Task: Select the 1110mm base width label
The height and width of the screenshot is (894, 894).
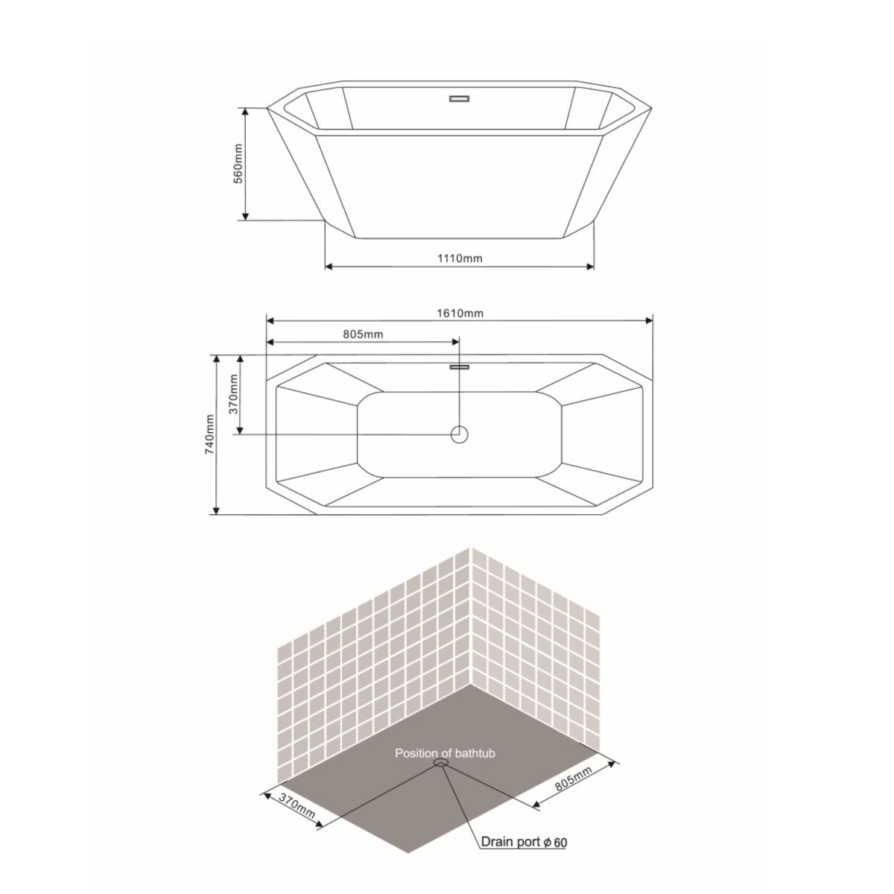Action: coord(460,258)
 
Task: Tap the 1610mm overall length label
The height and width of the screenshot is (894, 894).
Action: coord(460,313)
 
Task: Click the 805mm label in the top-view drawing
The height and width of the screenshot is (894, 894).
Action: coord(363,335)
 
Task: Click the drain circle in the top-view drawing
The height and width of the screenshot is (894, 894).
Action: coord(460,434)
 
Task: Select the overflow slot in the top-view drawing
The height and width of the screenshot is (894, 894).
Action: coord(460,366)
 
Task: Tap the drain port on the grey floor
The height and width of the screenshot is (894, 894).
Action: coord(441,764)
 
